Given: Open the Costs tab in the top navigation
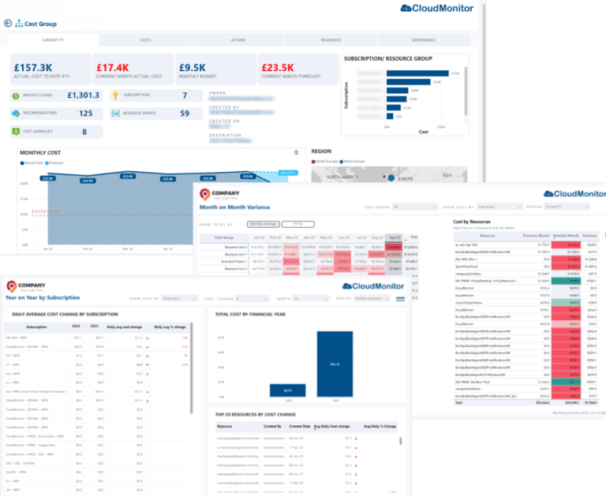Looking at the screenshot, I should (146, 39).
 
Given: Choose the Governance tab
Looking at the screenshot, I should (423, 39).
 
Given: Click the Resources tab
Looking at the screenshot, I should (331, 39).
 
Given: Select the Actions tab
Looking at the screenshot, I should (238, 39).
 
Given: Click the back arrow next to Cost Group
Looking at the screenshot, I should (9, 24).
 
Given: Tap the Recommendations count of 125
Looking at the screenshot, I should (85, 114).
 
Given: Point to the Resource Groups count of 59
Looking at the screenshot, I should (185, 114).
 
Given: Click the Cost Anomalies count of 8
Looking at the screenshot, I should (85, 131).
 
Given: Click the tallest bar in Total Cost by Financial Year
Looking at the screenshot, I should (334, 364).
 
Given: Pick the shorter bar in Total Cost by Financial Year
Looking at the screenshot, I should (287, 390).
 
